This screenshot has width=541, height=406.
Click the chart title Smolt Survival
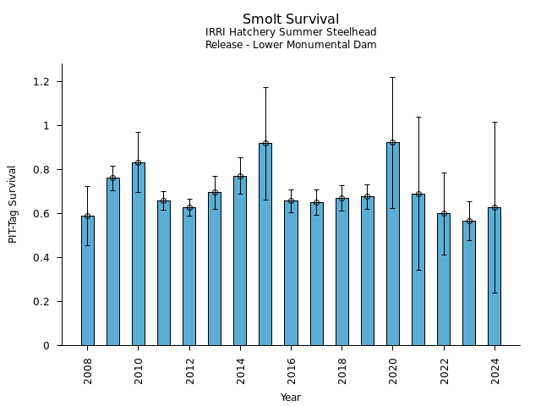[291, 19]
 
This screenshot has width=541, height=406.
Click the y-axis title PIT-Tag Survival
[14, 204]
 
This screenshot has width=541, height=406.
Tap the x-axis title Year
[291, 398]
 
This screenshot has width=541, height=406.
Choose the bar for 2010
[138, 254]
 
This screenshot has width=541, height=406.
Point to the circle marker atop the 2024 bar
[495, 207]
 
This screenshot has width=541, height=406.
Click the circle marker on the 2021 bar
[418, 194]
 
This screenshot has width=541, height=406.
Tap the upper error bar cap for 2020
[392, 77]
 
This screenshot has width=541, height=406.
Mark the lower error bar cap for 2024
[495, 293]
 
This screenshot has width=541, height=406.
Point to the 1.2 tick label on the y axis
[41, 82]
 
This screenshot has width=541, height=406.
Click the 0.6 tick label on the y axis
[41, 214]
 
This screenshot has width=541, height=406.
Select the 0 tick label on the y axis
[46, 346]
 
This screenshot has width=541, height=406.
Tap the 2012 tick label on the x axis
[189, 370]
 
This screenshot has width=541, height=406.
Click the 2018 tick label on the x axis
[342, 370]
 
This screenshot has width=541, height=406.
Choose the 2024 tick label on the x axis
[495, 370]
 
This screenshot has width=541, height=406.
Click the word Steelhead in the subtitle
[351, 33]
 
